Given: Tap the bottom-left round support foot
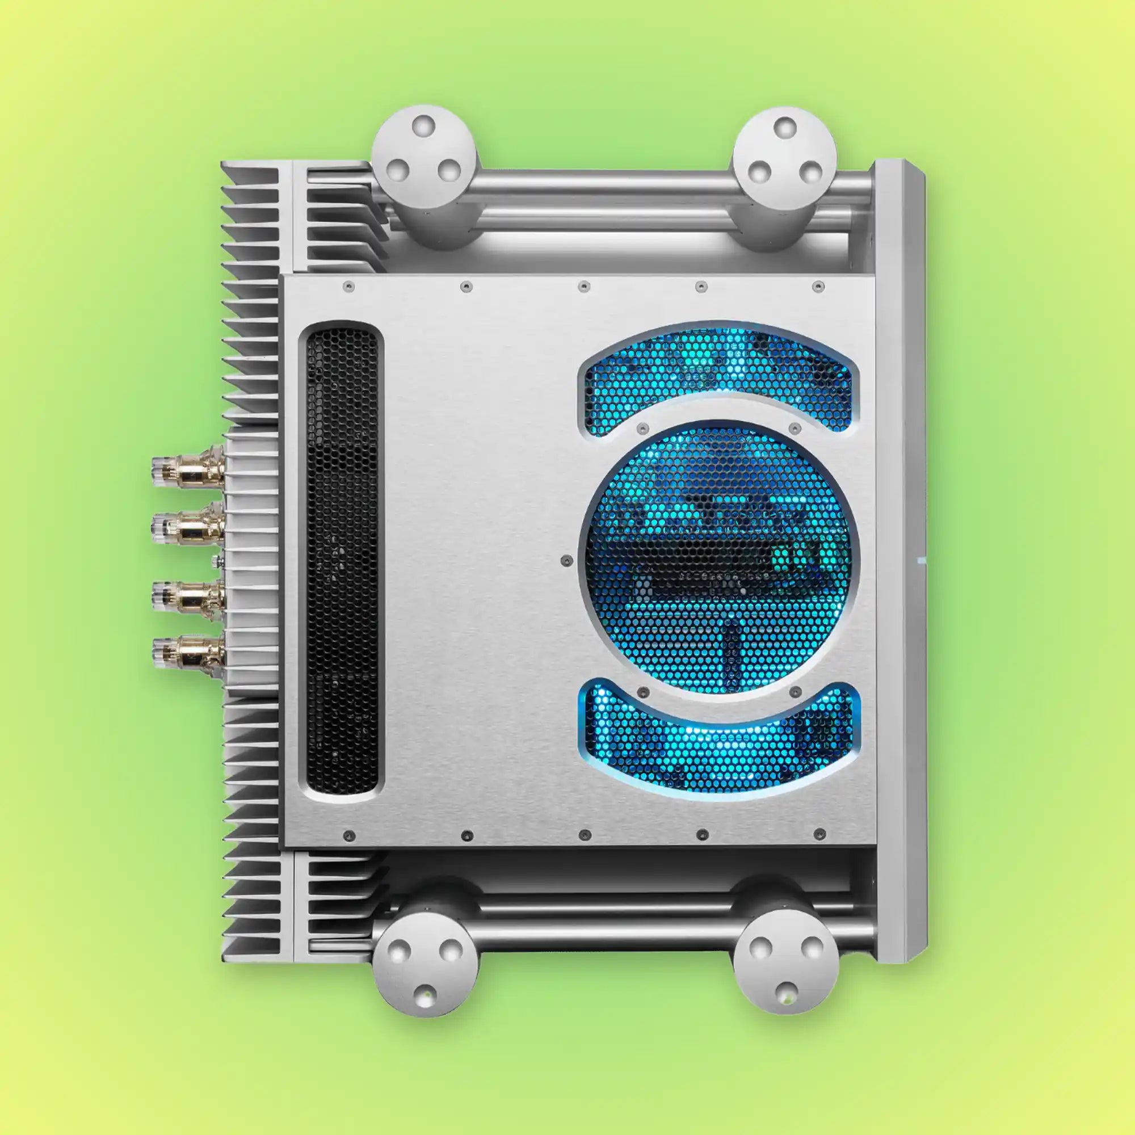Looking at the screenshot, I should [x=424, y=968].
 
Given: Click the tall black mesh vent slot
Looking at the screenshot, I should [x=342, y=561].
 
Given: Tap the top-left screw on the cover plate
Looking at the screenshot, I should [x=348, y=286].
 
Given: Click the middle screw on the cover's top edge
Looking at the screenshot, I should [x=582, y=286].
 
